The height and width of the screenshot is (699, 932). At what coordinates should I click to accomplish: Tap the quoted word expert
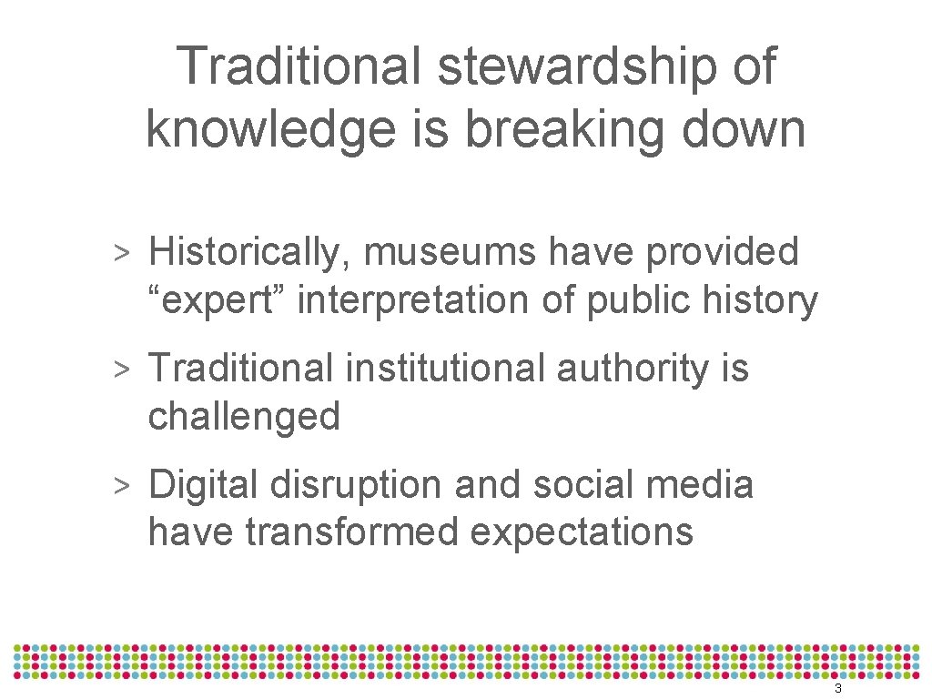pyautogui.click(x=216, y=300)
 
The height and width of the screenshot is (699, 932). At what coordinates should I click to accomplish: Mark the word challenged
pyautogui.click(x=244, y=416)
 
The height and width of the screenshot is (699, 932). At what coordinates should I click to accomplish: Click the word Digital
pyautogui.click(x=204, y=484)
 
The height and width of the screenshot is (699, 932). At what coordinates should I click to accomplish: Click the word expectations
pyautogui.click(x=582, y=532)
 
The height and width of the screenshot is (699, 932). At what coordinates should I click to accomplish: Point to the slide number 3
pyautogui.click(x=837, y=689)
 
